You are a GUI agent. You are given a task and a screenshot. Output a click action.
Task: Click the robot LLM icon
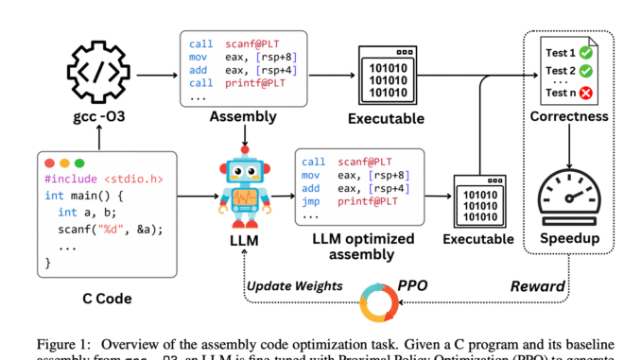pyautogui.click(x=245, y=189)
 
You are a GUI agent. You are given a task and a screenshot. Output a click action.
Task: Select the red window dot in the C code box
pyautogui.click(x=51, y=163)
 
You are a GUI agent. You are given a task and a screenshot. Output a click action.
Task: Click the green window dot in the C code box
pyautogui.click(x=80, y=163)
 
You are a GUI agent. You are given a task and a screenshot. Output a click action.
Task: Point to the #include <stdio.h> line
pyautogui.click(x=92, y=180)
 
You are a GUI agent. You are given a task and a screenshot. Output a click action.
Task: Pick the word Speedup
pyautogui.click(x=571, y=238)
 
